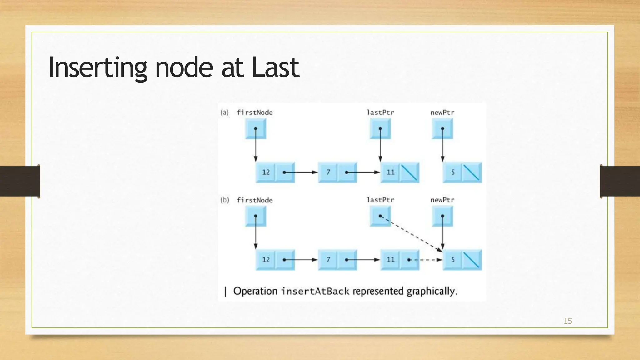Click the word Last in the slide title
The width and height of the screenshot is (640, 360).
click(275, 67)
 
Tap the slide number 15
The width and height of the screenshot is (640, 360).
click(567, 321)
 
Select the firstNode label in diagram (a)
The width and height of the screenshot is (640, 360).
click(255, 112)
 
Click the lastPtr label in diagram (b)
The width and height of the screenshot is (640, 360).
click(380, 200)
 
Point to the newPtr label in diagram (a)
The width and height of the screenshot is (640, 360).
click(442, 112)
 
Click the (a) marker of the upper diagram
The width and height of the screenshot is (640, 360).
click(224, 112)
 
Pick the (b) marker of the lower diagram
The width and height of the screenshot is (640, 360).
click(224, 200)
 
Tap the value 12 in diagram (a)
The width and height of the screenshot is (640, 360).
click(266, 172)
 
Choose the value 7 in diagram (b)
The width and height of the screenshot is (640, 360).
click(328, 260)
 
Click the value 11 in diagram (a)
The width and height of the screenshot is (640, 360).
click(391, 172)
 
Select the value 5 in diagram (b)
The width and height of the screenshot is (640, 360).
click(453, 260)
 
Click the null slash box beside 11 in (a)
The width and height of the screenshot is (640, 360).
click(409, 172)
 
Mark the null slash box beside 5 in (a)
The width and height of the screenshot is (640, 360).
click(472, 172)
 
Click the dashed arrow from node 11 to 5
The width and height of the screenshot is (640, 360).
click(427, 260)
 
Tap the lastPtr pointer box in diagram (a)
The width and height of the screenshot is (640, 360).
click(380, 129)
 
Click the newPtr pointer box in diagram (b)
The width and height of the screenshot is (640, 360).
click(442, 216)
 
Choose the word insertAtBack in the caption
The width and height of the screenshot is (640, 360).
click(315, 292)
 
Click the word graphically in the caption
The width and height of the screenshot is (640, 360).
click(432, 292)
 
